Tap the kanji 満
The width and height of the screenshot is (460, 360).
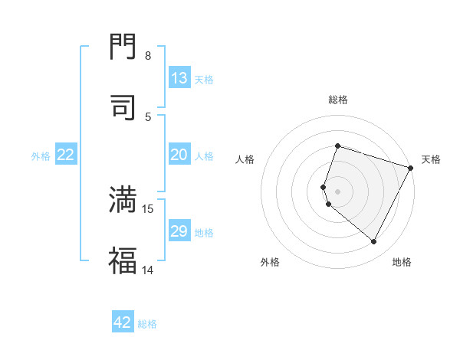point(123,200)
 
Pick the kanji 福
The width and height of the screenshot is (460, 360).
point(123,260)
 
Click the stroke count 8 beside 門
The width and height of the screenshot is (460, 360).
point(148,56)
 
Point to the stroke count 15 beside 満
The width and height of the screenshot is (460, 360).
point(148,208)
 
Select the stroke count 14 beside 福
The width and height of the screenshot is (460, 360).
point(148,269)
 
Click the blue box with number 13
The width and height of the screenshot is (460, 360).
point(179,78)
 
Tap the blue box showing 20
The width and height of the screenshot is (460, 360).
point(179,155)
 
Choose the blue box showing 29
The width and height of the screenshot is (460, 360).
point(179,231)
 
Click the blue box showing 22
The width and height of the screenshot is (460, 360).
point(66,155)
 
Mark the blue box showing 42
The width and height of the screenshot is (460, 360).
point(123,322)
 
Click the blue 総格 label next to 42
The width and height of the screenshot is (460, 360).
point(147,323)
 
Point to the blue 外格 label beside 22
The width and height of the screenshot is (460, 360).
point(41,155)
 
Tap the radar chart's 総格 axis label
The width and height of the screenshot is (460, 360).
point(338,100)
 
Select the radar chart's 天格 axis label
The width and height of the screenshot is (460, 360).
point(431,159)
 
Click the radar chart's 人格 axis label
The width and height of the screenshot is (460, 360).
point(245,159)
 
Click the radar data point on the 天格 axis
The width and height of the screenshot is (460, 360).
point(412,168)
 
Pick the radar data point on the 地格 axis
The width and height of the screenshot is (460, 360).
point(374,242)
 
